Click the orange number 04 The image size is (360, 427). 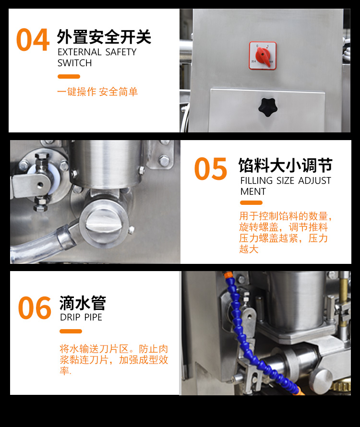33,40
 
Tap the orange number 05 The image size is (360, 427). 210,168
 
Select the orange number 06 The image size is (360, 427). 35,308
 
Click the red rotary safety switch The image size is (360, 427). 263,56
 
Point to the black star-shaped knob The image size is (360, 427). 268,107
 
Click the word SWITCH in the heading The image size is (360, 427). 75,63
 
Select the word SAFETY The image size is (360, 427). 121,52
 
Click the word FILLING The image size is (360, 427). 256,180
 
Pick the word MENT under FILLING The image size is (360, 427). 253,192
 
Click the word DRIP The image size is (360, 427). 70,317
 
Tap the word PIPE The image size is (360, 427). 93,317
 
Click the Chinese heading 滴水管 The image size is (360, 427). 83,303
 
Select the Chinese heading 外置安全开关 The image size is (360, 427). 104,37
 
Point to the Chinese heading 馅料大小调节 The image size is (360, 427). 285,166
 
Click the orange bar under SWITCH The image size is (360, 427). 69,76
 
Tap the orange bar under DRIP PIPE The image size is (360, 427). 71,331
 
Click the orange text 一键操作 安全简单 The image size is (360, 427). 97,92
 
